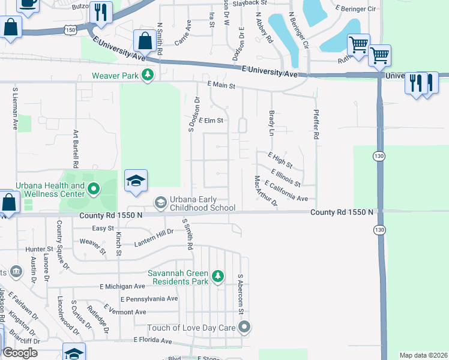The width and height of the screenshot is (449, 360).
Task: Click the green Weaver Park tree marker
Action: [x=148, y=76]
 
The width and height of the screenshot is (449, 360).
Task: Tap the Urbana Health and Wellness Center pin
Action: [x=93, y=190]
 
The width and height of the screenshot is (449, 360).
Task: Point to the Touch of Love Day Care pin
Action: [x=244, y=328]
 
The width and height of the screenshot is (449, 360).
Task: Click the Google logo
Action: [x=20, y=353]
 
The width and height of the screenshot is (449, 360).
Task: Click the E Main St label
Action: [x=220, y=86]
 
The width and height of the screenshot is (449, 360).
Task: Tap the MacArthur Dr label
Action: [x=265, y=191]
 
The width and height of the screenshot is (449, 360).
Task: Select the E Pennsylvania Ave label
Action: [x=149, y=299]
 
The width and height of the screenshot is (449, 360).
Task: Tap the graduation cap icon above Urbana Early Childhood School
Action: [x=136, y=181]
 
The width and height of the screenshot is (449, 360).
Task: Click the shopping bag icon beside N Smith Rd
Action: [x=145, y=41]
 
